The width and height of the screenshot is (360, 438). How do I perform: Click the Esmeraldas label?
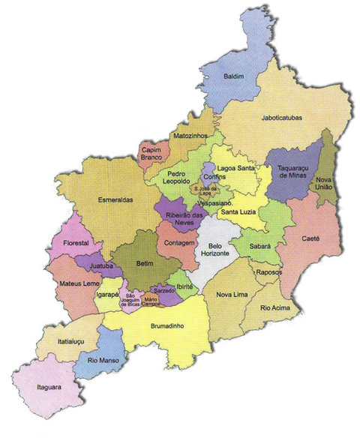(115, 200)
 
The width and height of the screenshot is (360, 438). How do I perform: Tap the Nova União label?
(325, 184)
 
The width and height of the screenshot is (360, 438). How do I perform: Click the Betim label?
(144, 264)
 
